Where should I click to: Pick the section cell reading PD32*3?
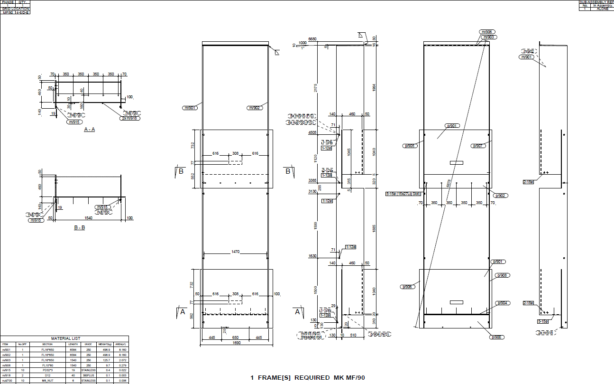pyautogui.click(x=47, y=370)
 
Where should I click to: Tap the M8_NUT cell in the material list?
pyautogui.click(x=47, y=380)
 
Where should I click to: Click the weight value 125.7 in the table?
pyautogui.click(x=103, y=359)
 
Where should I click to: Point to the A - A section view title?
pyautogui.click(x=89, y=129)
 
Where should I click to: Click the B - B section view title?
pyautogui.click(x=79, y=227)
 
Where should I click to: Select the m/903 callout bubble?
pyautogui.click(x=489, y=37)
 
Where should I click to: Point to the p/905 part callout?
pyautogui.click(x=409, y=146)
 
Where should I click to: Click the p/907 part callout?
pyautogui.click(x=478, y=146)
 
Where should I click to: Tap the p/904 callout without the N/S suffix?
pyautogui.click(x=503, y=303)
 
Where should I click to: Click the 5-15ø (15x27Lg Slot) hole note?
pyautogui.click(x=403, y=194)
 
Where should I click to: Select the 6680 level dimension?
pyautogui.click(x=312, y=39)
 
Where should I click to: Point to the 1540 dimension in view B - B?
pyautogui.click(x=89, y=218)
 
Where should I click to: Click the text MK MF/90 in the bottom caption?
pyautogui.click(x=348, y=378)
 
